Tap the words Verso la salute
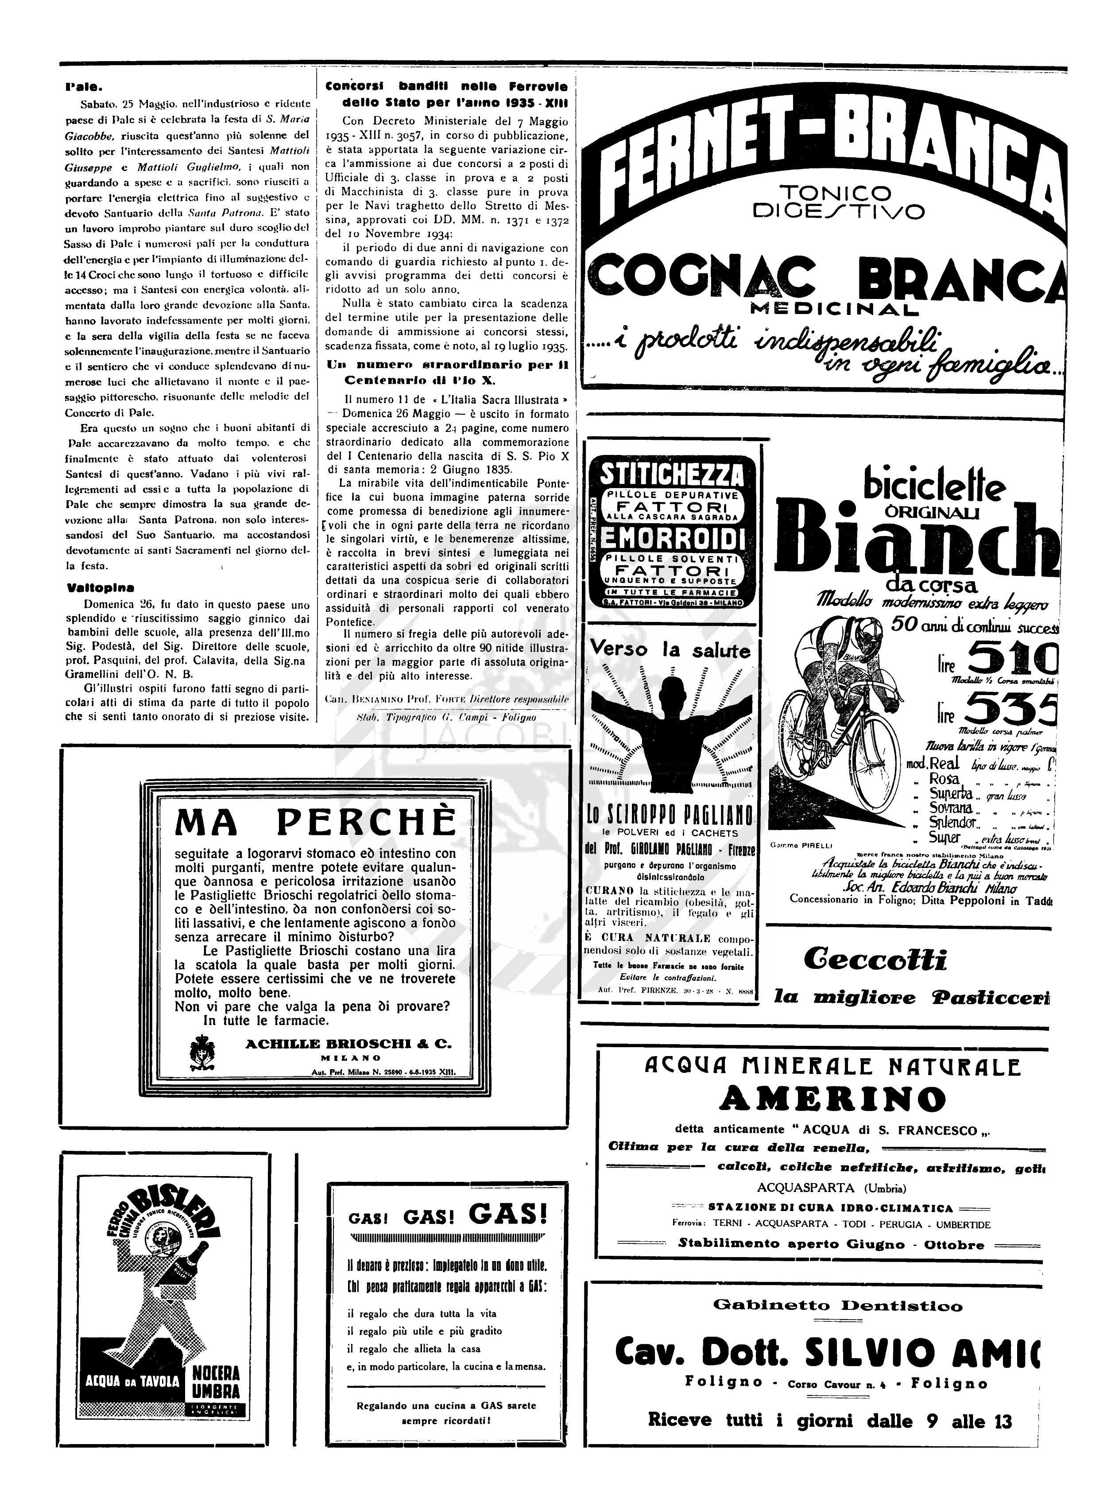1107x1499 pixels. click(x=670, y=650)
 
